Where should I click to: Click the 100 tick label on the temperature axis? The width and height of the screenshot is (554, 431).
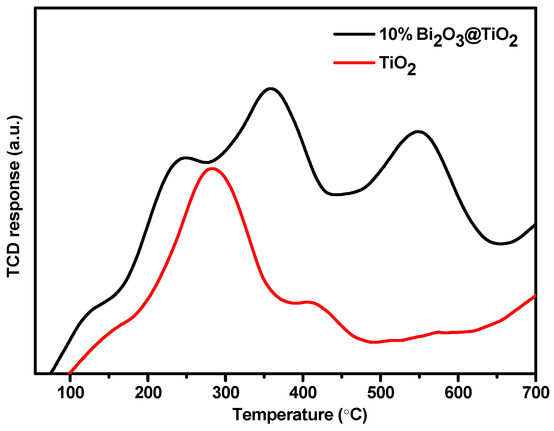point(71,393)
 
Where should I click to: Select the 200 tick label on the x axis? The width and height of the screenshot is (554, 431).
point(148,393)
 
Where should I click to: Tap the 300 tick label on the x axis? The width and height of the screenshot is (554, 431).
point(226,393)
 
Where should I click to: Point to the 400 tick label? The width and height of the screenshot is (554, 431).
point(303,393)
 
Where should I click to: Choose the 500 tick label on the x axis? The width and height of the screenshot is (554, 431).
point(381,393)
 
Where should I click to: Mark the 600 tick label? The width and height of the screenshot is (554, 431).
point(458,393)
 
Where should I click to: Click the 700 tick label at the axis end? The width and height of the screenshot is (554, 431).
point(536,393)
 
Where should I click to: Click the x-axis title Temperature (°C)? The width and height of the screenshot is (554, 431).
point(300,415)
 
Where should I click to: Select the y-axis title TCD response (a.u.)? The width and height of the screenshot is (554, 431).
point(14,197)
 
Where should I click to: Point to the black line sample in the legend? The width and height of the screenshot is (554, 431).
point(354,34)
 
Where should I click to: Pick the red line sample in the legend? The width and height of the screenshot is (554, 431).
point(354,63)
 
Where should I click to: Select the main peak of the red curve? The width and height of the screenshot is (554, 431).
point(211,169)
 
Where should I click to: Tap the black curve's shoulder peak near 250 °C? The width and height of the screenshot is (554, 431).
point(186,158)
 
